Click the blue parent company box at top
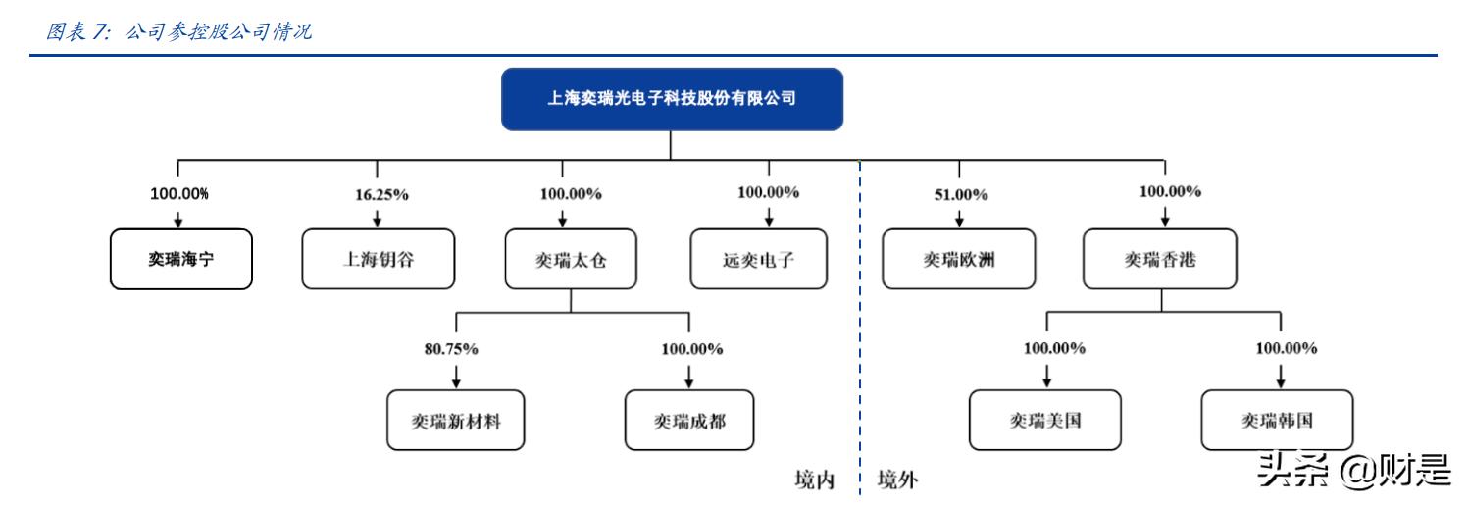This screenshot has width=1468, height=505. coord(672,99)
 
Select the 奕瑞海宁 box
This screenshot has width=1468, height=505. coord(180,259)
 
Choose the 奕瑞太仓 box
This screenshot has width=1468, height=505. coord(571,259)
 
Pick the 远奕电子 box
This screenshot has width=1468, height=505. coord(758,259)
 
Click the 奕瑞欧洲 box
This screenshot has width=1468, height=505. coord(958,259)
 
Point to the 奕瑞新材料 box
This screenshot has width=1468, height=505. coord(456,420)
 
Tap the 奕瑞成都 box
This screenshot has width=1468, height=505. coord(689,420)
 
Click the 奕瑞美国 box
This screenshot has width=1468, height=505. coord(1045,420)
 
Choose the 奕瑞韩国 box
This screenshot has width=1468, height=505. coord(1277,420)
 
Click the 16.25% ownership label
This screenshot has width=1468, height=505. coord(381,194)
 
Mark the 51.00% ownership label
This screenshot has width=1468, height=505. coord(959,194)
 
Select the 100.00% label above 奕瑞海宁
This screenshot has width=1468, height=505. coord(178,193)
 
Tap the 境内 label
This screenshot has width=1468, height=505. coord(814,480)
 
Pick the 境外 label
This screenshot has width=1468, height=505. coord(897,480)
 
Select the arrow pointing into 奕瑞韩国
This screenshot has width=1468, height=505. coord(1280,376)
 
